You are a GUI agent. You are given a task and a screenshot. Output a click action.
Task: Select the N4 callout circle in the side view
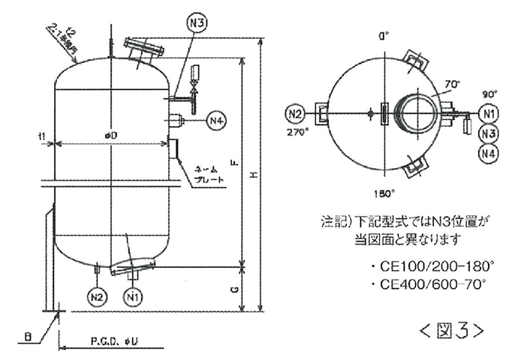coord(216,120)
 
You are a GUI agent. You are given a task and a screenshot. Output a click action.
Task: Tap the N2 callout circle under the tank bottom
coord(98,295)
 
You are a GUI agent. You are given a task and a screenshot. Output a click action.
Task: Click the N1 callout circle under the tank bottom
coord(133,295)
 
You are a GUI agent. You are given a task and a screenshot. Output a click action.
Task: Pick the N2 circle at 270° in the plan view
coord(295,115)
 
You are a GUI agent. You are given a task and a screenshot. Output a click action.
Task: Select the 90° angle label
coord(489,95)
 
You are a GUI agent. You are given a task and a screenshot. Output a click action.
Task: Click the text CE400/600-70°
coord(429,284)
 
